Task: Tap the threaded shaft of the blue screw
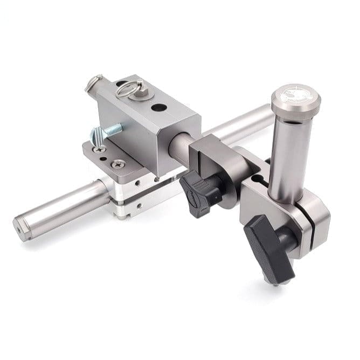(113, 129)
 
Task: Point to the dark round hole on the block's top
(159, 107)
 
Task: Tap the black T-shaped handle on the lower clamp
(268, 243)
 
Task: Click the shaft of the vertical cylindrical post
(290, 156)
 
